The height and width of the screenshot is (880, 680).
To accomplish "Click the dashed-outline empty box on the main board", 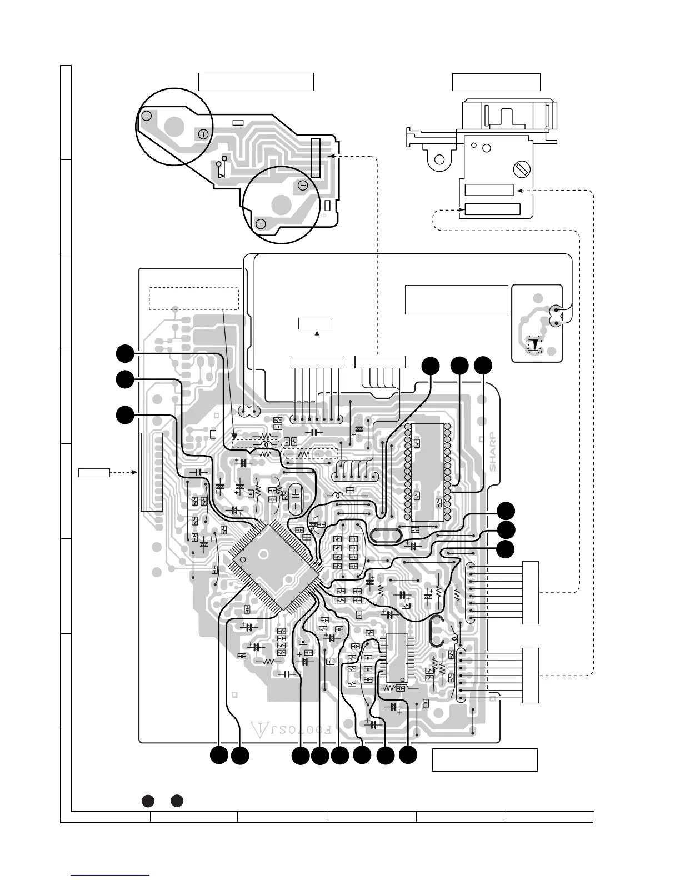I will tap(194, 299).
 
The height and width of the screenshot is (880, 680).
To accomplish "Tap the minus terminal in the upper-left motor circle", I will tap(147, 116).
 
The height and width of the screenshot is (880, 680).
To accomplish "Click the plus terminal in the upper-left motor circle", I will tap(203, 134).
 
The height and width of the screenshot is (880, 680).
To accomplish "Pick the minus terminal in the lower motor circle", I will tap(303, 185).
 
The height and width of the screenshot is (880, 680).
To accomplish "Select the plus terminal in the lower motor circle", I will tap(261, 224).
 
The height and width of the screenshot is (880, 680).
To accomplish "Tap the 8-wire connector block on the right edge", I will tap(531, 593).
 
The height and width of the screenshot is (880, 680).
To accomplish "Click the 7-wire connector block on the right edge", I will tap(531, 675).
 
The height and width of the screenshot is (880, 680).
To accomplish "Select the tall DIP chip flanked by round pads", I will tap(427, 472).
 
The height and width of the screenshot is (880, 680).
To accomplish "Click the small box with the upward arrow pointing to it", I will tap(316, 323).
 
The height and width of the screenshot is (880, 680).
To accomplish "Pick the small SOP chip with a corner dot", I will tap(397, 658).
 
